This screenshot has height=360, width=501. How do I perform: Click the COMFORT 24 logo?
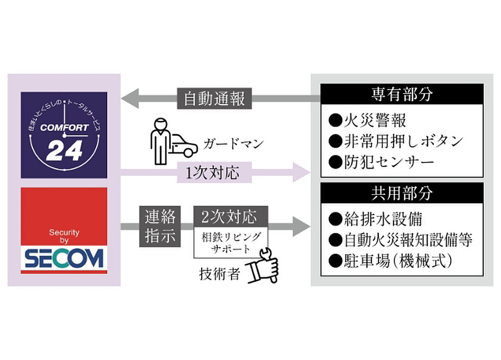point(64,135)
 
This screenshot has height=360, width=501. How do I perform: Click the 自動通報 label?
point(214,99)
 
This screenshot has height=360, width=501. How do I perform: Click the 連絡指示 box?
point(160,226)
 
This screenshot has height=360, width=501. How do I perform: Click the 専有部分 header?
point(402,94)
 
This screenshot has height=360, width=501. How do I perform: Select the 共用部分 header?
point(402,193)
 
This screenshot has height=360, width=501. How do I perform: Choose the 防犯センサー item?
point(382,162)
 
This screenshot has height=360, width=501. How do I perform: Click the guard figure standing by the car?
point(159,141)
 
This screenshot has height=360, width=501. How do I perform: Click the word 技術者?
point(220,274)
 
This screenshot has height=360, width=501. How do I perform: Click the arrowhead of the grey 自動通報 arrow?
point(130,99)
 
